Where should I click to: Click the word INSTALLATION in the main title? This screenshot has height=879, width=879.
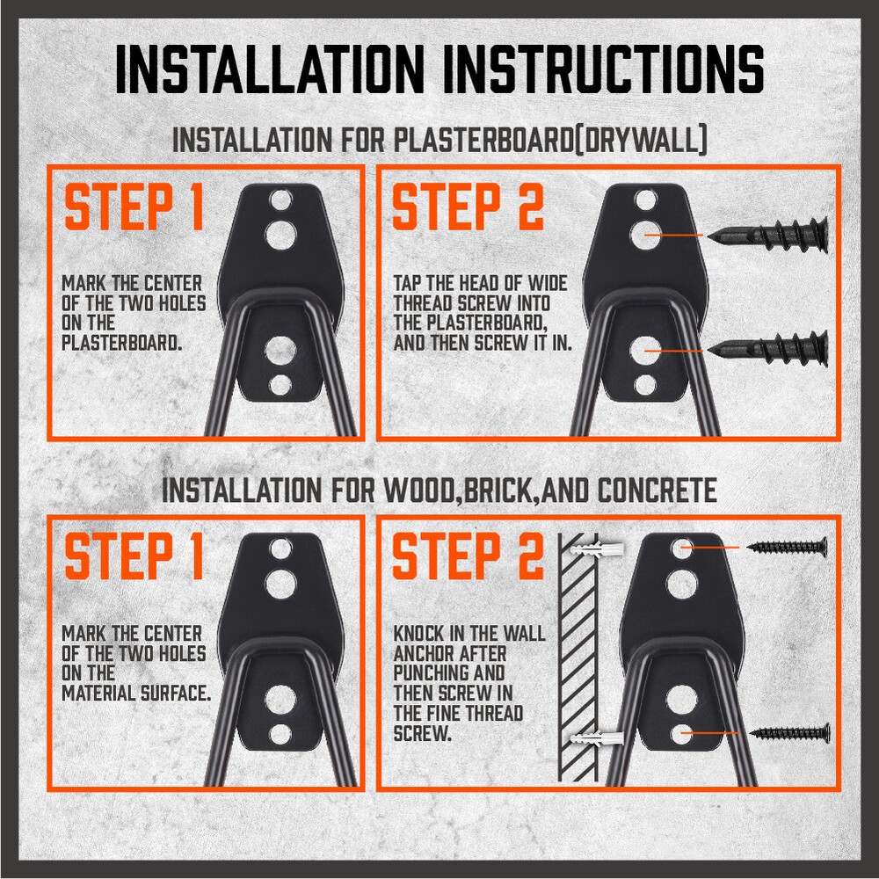coord(270,69)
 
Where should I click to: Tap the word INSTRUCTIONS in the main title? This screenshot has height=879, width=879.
coord(604,69)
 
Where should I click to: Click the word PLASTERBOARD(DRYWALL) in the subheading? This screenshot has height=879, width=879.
coord(549,140)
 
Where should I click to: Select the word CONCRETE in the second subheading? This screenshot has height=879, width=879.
coord(657,490)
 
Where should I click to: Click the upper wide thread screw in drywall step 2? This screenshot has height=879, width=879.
coord(767,236)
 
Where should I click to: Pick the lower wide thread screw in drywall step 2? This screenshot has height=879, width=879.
coord(767,349)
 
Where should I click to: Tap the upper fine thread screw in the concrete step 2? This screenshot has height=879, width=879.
coord(788,546)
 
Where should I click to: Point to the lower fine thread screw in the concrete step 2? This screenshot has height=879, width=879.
coord(789,733)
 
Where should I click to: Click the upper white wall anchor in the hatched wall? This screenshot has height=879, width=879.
coord(597,548)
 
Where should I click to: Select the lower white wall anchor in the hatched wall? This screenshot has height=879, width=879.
coord(597,737)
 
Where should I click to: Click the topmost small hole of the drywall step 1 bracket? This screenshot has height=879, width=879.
coord(281,200)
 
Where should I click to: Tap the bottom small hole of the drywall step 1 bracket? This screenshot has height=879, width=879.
coord(280,385)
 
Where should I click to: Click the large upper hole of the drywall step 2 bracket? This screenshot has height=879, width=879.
coord(646,236)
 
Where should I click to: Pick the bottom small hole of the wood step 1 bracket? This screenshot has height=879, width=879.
coord(280,734)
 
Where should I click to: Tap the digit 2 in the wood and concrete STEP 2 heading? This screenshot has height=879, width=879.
coord(530,556)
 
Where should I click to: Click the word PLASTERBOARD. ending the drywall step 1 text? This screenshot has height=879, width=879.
coord(121,343)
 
